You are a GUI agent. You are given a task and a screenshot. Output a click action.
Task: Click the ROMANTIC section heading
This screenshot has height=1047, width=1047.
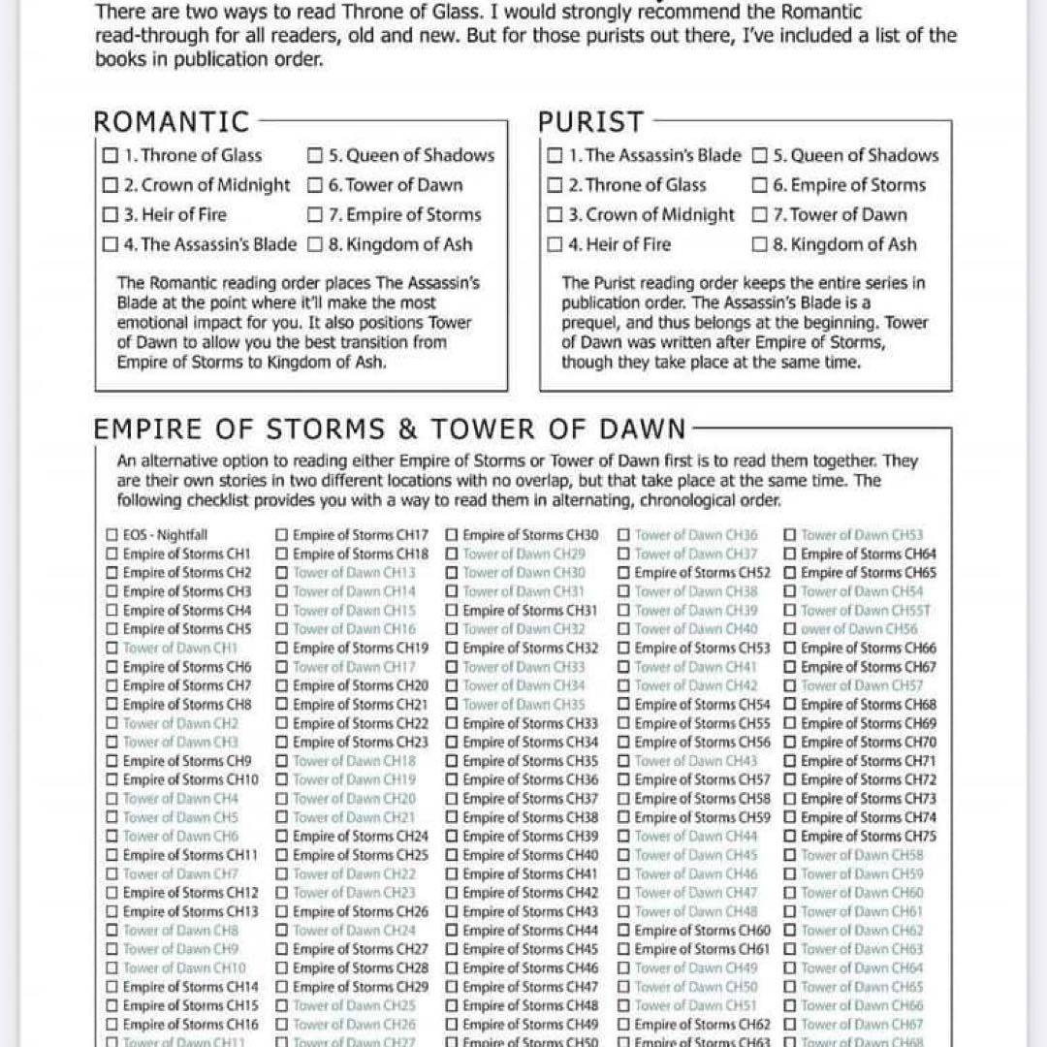click(x=172, y=122)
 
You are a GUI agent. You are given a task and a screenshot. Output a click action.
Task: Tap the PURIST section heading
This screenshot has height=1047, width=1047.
click(x=590, y=122)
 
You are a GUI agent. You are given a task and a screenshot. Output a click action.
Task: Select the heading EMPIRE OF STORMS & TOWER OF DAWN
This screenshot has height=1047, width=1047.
click(x=390, y=429)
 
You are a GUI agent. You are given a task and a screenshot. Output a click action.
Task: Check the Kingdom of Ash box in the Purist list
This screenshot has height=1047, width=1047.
click(x=760, y=245)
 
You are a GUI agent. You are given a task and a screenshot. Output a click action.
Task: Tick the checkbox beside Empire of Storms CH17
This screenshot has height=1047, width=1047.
click(x=281, y=535)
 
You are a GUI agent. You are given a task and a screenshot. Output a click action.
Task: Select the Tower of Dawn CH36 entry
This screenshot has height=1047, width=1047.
click(x=696, y=535)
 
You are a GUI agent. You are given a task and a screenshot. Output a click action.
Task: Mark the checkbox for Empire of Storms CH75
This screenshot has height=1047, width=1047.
click(x=790, y=837)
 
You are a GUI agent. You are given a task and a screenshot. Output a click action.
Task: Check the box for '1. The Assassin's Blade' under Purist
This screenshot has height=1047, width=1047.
click(x=555, y=155)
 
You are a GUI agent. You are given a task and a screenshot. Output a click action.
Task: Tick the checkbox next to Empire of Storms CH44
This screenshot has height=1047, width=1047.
click(x=452, y=931)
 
